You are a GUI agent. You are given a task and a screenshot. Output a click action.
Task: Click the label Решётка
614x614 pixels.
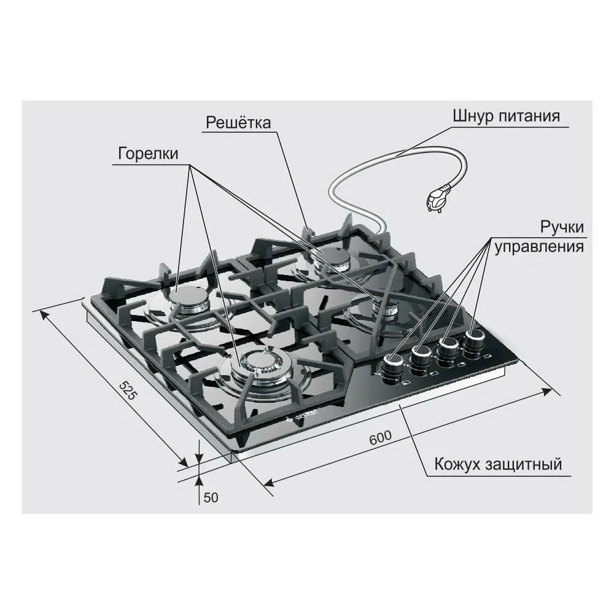tap(238, 122)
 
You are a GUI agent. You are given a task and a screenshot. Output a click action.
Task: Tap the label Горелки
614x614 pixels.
tap(147, 153)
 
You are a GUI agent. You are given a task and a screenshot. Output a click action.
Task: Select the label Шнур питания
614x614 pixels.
tap(506, 117)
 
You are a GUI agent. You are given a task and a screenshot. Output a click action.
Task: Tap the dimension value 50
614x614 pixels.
tap(211, 497)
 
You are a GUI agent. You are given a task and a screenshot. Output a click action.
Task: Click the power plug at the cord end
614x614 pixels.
tap(438, 199)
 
